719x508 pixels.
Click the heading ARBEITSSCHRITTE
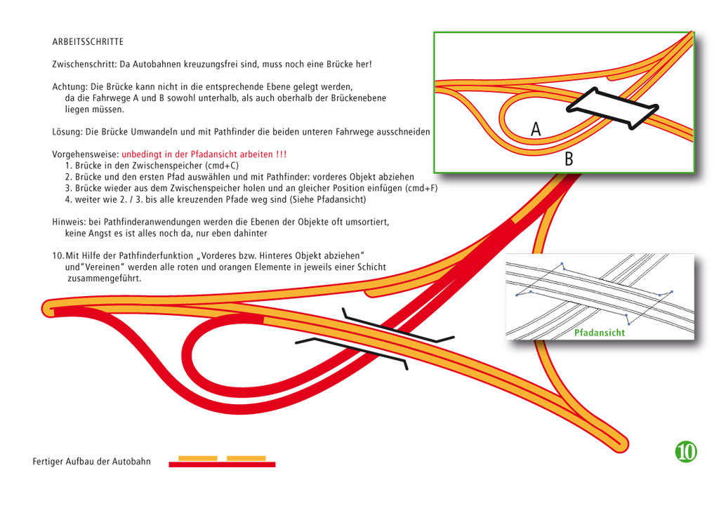(x=88, y=41)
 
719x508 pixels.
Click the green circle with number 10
(x=686, y=451)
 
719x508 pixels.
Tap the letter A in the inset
(x=536, y=129)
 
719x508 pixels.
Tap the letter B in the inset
(x=569, y=159)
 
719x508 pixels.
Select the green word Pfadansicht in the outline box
(x=600, y=333)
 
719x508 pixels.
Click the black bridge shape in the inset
(x=612, y=109)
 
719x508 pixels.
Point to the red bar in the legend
(x=222, y=464)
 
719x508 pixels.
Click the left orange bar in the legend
(x=197, y=458)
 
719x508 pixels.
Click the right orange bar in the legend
(x=246, y=458)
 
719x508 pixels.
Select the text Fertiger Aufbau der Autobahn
(x=92, y=461)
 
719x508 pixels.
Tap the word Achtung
(x=70, y=86)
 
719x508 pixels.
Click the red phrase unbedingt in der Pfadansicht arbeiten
(x=197, y=154)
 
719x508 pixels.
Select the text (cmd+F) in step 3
(x=421, y=188)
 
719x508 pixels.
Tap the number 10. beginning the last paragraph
(x=58, y=255)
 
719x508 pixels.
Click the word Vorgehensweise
(x=85, y=154)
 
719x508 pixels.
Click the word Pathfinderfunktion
(x=156, y=255)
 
